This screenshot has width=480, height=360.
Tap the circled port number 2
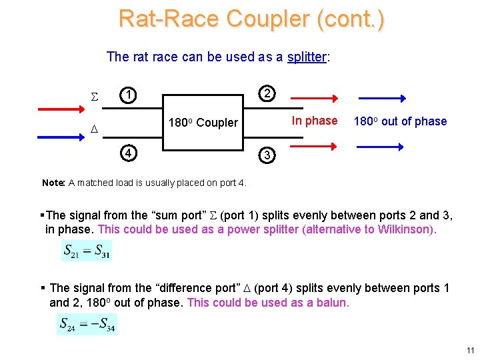coord(267,93)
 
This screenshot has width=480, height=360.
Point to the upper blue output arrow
coord(381,99)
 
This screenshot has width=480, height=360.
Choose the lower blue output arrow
coord(381,143)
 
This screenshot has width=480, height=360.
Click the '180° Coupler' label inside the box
coord(203,123)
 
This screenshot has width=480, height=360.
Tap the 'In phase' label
coord(315,121)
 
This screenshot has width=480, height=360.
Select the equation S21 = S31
coord(87,251)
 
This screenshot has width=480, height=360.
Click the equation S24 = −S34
coord(87,325)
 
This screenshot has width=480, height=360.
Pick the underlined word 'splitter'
coord(306,57)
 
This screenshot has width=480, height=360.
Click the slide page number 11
coord(470,350)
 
